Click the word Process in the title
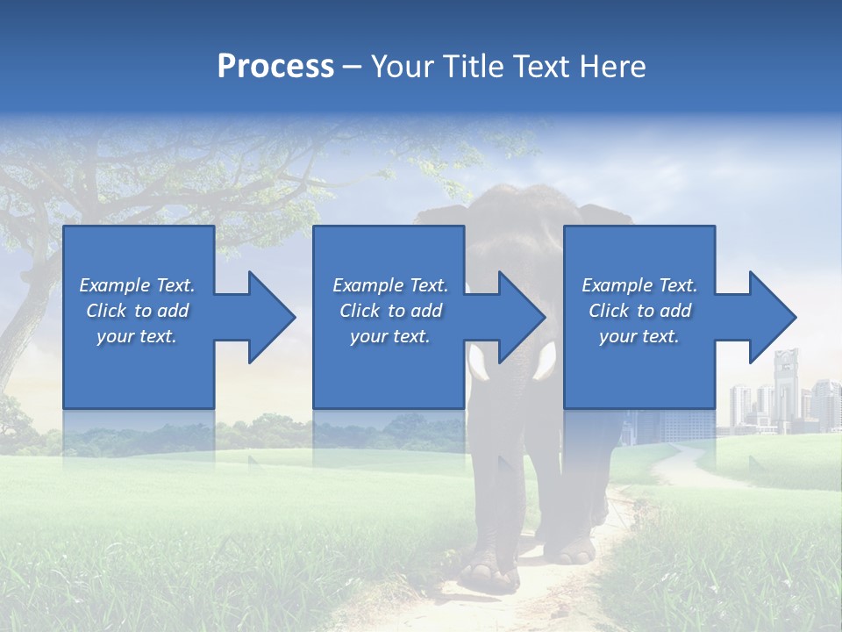275,66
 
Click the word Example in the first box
114,285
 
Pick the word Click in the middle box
358,311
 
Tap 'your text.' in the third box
639,336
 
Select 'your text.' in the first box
136,336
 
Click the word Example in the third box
617,285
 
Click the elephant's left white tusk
479,363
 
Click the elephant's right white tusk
546,361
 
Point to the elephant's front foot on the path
489,575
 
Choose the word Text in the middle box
428,285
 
